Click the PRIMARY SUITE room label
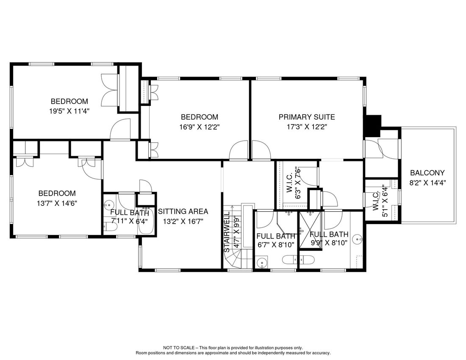point(307,117)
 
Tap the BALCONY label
point(427,173)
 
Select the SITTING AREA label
point(183,211)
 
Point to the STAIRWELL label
point(227,232)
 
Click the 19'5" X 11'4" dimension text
point(69,111)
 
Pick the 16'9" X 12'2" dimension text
point(200,127)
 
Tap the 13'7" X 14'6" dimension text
point(57,203)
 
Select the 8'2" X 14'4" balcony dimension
point(428,183)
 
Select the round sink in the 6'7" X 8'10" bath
point(261,263)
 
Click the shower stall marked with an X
point(310,230)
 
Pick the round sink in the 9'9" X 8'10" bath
point(358,239)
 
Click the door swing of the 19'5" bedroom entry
point(120,129)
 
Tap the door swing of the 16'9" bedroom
point(239,151)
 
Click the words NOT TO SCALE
point(179,348)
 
